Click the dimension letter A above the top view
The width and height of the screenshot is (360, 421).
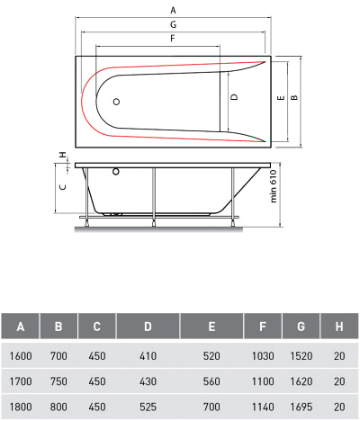point(173,10)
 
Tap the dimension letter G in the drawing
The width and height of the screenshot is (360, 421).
point(173,24)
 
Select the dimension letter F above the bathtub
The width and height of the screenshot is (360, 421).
point(173,39)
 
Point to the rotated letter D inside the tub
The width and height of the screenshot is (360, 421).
point(234,97)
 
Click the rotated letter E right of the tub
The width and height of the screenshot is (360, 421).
point(281,97)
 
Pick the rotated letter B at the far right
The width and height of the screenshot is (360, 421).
point(295,97)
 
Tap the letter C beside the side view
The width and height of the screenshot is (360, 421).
point(63,187)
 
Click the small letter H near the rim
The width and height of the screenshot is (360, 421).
point(63,155)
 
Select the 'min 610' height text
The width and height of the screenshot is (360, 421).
point(274,186)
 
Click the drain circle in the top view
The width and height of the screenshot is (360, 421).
point(116,102)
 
